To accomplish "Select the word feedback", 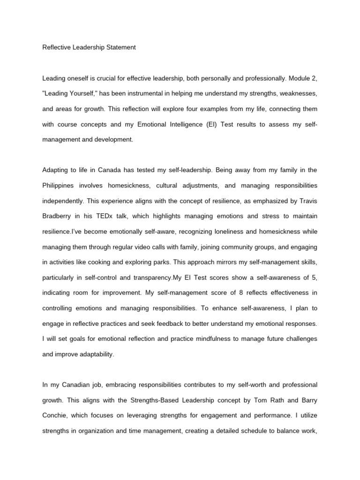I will (x=169, y=323).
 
